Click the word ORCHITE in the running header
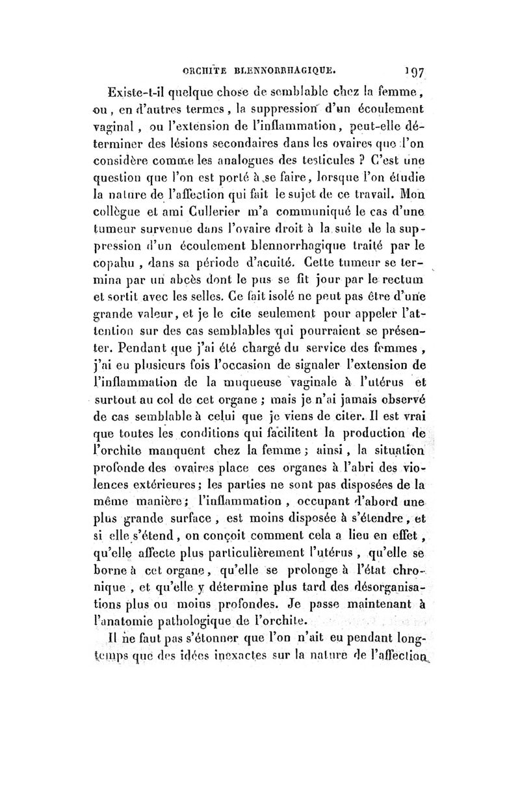[x=204, y=66]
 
